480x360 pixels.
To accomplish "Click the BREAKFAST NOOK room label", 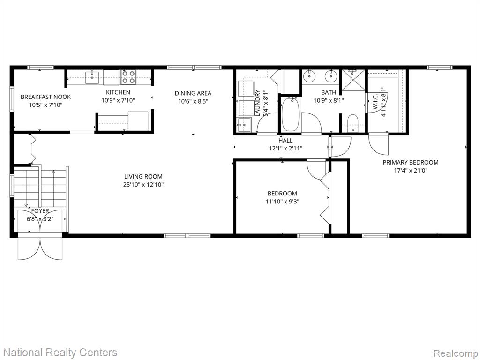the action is pos(45,97).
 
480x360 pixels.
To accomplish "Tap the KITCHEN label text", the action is pos(118,92).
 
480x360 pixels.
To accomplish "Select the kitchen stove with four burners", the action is pos(128,77).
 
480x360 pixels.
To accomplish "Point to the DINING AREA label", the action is pos(193,93).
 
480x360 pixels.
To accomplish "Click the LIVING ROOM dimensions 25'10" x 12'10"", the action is pos(143,185).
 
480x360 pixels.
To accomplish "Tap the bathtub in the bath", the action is pos(291,114).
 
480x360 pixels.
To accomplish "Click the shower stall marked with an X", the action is pos(353,80).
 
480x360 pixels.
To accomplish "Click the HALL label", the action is pos(285,141).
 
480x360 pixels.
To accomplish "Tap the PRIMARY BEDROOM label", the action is pos(411,162).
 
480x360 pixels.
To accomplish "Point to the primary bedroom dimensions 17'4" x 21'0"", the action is pos(411,170).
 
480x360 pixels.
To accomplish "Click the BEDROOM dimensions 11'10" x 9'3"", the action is pos(282,202).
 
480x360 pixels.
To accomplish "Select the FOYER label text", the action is pos(40,211).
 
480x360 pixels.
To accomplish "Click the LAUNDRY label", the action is pos(258,103).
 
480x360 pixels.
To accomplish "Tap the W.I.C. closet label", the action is pos(375,101).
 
